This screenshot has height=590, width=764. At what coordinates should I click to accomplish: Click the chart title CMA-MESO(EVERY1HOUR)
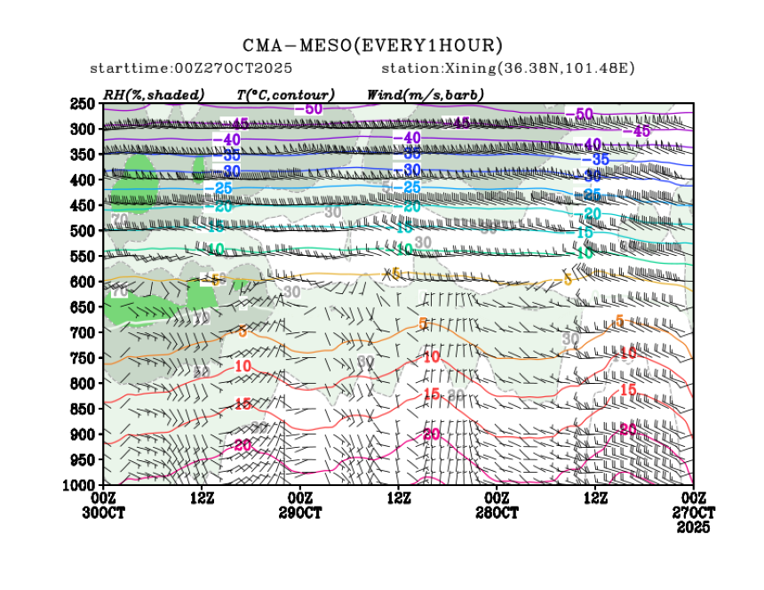point(373,45)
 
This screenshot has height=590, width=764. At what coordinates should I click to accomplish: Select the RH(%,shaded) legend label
point(154,94)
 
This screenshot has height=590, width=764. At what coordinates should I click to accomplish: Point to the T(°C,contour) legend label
point(285,94)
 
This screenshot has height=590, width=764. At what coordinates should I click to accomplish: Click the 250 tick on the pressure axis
point(84,104)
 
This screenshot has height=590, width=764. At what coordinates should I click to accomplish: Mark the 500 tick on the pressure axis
point(84,231)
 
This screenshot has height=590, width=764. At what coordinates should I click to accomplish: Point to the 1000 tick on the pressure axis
point(82,485)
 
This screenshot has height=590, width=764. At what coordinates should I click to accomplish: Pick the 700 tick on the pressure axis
point(84,332)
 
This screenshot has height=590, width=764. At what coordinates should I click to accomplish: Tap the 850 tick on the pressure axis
point(84,409)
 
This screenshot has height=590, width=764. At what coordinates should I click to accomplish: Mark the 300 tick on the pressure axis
point(84,129)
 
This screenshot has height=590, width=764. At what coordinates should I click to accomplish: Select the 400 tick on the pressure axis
point(84,180)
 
